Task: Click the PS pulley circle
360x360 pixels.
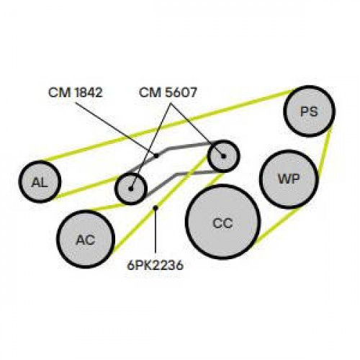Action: (x=310, y=111)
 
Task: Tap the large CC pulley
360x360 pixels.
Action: (x=222, y=222)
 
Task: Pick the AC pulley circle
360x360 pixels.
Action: (x=86, y=239)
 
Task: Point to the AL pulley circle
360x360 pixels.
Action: (x=40, y=181)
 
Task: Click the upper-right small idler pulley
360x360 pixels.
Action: (x=224, y=156)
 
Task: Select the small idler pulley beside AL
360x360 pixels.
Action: (x=131, y=189)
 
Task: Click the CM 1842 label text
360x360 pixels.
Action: (x=76, y=92)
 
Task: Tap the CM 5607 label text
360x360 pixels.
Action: (x=168, y=92)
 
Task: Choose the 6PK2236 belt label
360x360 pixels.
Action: (x=156, y=265)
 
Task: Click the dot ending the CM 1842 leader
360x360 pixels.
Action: (x=156, y=156)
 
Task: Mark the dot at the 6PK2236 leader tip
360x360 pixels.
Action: (x=156, y=207)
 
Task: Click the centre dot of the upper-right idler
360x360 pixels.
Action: (x=224, y=156)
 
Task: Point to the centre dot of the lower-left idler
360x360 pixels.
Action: (x=131, y=189)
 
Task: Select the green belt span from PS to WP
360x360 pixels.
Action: (x=325, y=152)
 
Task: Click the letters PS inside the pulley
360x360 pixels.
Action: (x=310, y=112)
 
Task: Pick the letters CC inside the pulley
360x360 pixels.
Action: (x=222, y=223)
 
